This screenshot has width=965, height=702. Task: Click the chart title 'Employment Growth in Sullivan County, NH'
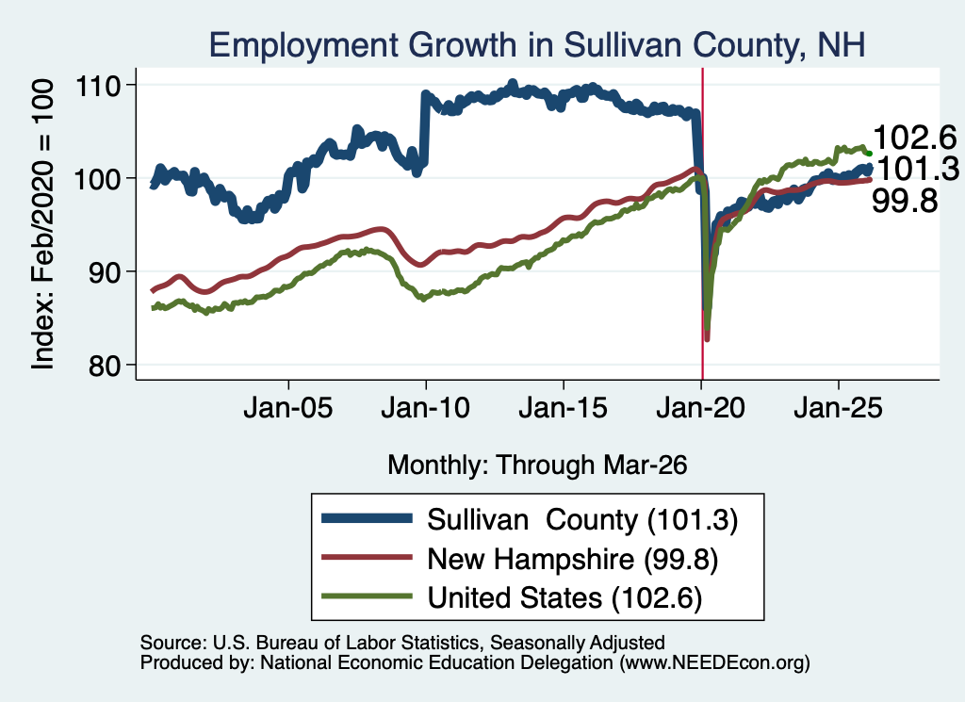pyautogui.click(x=536, y=45)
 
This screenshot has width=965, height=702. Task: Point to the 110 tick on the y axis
pyautogui.click(x=97, y=86)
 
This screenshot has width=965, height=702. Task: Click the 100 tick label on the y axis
pyautogui.click(x=97, y=178)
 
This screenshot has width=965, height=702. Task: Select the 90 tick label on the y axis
pyautogui.click(x=105, y=272)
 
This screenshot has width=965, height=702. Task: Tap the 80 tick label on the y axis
pyautogui.click(x=105, y=366)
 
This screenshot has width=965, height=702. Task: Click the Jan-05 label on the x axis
pyautogui.click(x=288, y=408)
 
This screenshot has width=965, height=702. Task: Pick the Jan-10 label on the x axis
pyautogui.click(x=425, y=408)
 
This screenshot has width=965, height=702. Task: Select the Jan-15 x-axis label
pyautogui.click(x=564, y=408)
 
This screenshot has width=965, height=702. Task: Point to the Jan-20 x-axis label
pyautogui.click(x=701, y=408)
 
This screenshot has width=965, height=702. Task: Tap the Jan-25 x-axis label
pyautogui.click(x=838, y=408)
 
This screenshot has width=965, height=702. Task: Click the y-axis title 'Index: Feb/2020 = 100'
pyautogui.click(x=42, y=224)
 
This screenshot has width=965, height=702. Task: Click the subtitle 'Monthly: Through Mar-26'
pyautogui.click(x=537, y=465)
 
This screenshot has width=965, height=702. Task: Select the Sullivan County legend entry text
pyautogui.click(x=582, y=520)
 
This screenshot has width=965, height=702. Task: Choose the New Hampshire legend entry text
pyautogui.click(x=572, y=560)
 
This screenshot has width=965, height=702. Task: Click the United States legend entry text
pyautogui.click(x=564, y=598)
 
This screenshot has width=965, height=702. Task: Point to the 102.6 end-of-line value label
pyautogui.click(x=914, y=138)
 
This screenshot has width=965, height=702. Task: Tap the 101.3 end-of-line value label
pyautogui.click(x=917, y=169)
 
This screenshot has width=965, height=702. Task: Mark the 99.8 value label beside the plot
pyautogui.click(x=905, y=201)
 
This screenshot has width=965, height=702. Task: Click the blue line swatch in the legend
pyautogui.click(x=367, y=518)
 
